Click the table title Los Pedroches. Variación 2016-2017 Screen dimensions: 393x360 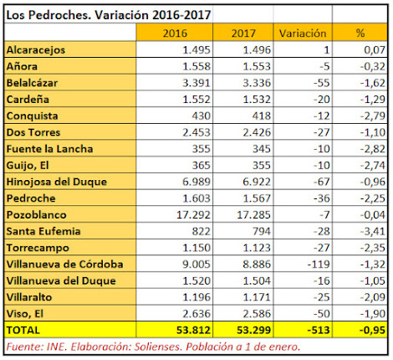coord(109,15)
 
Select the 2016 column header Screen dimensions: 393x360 coord(175,33)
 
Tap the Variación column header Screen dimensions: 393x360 coord(303,33)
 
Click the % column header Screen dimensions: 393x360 coord(360,33)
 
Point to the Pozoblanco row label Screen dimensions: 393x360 coord(37,214)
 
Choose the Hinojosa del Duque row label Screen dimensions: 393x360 coord(57,182)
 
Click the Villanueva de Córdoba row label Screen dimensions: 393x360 coord(64,264)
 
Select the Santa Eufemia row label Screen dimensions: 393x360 coord(43,231)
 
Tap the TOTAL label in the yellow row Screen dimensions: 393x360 coord(23,330)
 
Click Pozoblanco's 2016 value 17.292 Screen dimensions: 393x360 coord(193,214)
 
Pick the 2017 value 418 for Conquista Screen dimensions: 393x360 coord(262,116)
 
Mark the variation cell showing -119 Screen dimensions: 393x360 coord(319,264)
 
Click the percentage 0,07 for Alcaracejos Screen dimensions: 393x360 coord(375,50)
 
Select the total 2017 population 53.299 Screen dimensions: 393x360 coord(253,330)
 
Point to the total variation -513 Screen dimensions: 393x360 coord(319,330)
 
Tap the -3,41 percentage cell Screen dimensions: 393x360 coord(373,231)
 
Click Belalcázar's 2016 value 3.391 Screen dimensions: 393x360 coord(196,83)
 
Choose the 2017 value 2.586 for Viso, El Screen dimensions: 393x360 coord(257,314)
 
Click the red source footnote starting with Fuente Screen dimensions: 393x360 coord(153,347)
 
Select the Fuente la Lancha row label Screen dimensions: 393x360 coord(49,149)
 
